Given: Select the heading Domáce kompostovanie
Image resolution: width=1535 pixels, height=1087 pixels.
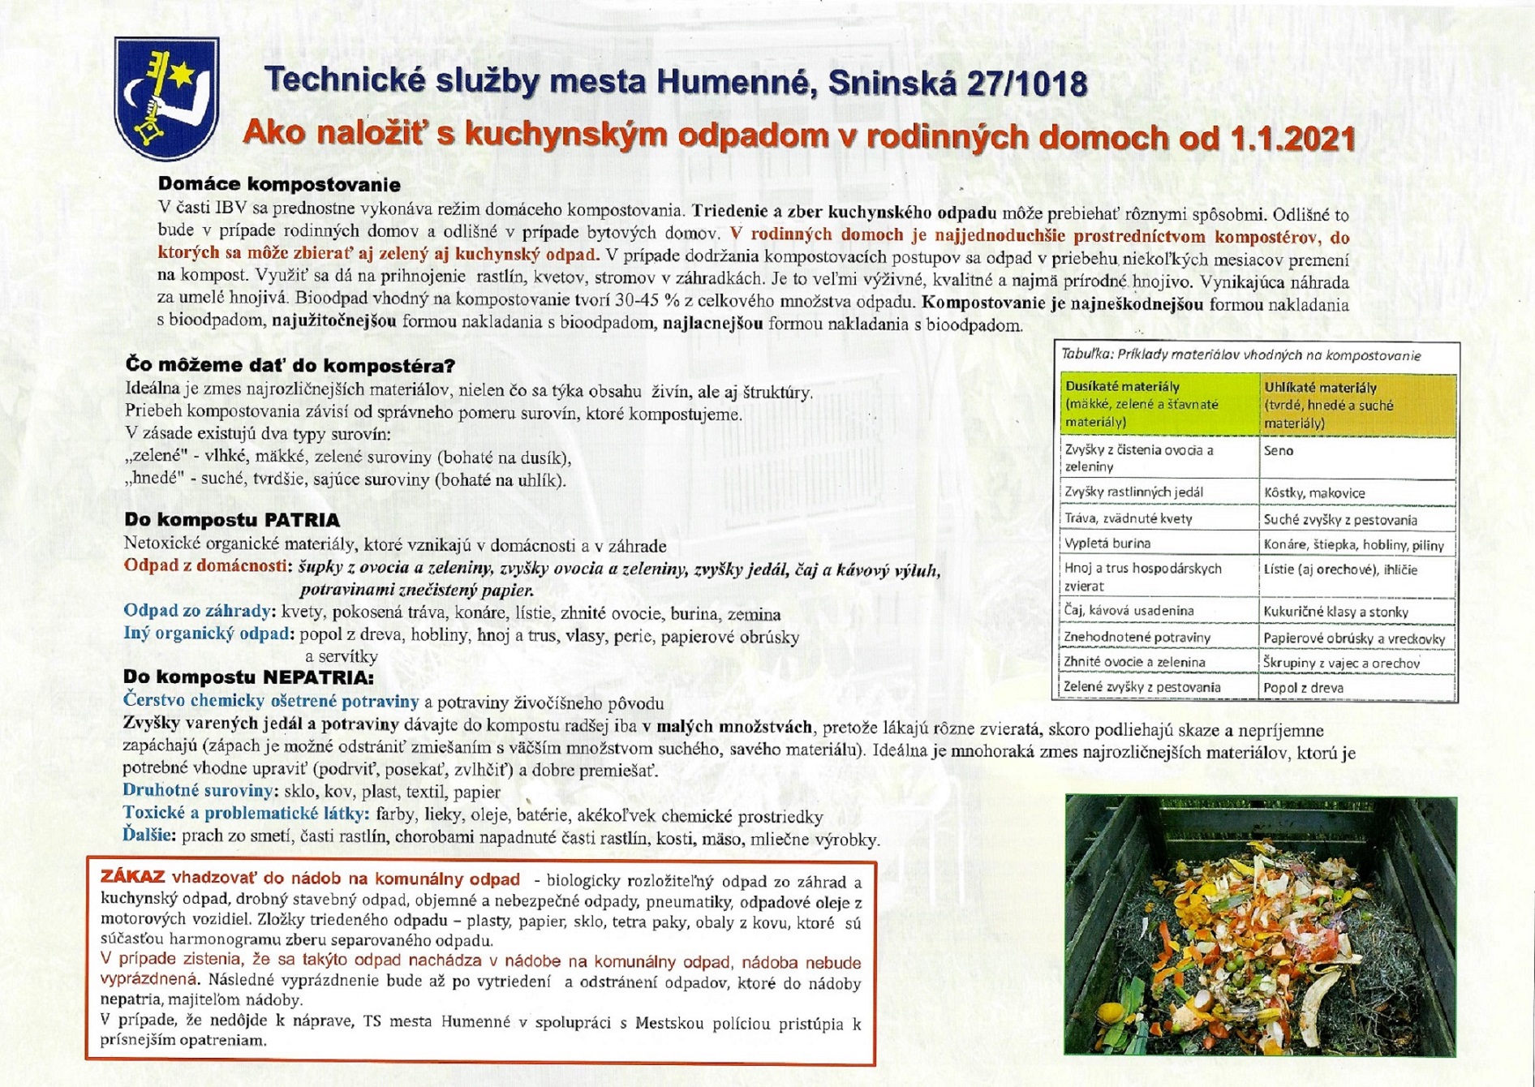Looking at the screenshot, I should tap(279, 184).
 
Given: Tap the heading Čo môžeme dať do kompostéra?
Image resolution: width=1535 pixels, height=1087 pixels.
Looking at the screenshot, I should tap(290, 365).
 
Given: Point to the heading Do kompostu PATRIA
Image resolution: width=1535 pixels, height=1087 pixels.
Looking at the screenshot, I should tap(232, 520).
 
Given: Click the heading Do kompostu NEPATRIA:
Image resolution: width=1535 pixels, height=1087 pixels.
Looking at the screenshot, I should tap(249, 677).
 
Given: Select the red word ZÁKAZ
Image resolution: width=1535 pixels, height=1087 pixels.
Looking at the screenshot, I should tap(133, 878).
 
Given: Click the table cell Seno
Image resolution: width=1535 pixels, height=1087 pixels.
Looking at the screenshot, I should tap(1279, 451).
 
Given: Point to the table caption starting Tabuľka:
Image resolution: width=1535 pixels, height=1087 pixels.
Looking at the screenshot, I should tap(1240, 355).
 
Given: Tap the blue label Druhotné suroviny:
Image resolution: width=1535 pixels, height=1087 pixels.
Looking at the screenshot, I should tap(199, 790).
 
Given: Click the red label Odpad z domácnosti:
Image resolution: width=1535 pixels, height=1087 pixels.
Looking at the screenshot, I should tap(206, 565).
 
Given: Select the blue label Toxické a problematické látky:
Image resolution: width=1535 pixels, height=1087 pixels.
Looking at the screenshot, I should tap(246, 814).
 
